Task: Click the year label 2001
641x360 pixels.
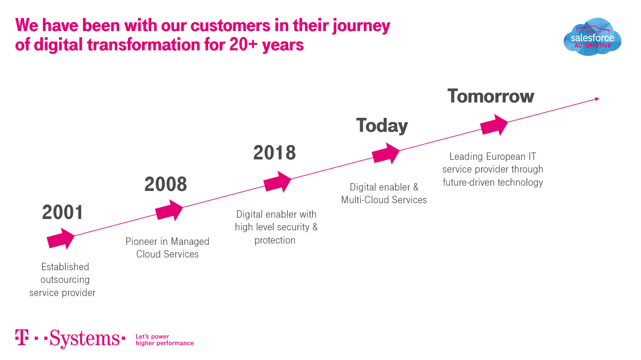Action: point(62,212)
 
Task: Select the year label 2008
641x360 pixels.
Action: point(166,184)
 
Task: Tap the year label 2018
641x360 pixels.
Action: point(275,153)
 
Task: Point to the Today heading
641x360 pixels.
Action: point(382,126)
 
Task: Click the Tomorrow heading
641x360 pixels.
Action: point(491,96)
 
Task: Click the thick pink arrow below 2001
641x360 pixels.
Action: point(60,239)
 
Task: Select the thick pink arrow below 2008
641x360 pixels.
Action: point(169,210)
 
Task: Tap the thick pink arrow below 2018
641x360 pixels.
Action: point(277,182)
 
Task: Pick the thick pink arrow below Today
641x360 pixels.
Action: point(386,154)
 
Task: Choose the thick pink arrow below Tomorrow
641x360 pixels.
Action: point(494,125)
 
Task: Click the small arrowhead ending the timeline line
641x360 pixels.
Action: point(597,99)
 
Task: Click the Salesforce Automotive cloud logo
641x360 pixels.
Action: point(592,37)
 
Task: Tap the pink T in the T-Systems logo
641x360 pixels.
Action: point(22,337)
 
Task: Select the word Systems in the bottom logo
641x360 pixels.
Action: point(85,339)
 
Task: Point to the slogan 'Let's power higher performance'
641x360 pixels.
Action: point(165,340)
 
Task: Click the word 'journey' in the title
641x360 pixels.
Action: point(361,26)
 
